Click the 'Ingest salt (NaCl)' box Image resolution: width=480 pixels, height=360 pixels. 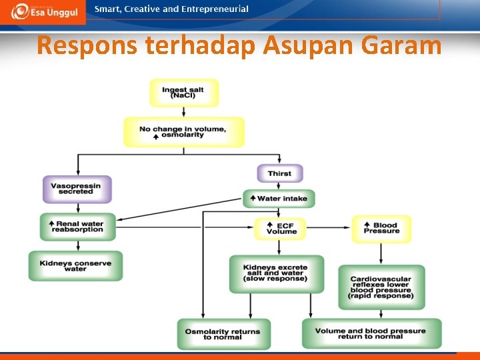(x=183, y=93)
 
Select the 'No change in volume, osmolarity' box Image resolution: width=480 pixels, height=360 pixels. (x=183, y=131)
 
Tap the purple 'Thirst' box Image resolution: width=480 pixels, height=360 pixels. (x=279, y=173)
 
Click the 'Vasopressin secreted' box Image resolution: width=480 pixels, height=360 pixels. (x=77, y=189)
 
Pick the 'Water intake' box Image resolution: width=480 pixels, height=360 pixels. (x=279, y=198)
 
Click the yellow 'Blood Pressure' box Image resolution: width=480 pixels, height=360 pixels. (x=381, y=228)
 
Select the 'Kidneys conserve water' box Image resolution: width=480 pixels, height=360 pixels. (x=75, y=265)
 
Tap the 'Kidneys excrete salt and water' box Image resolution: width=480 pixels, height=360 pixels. (x=276, y=273)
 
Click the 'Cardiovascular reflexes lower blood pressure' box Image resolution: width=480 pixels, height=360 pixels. (x=381, y=287)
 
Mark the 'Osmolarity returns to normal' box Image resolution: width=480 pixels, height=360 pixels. (x=223, y=334)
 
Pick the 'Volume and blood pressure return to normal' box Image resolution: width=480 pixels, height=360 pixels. (x=371, y=333)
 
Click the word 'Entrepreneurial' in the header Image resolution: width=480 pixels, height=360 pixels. (x=215, y=9)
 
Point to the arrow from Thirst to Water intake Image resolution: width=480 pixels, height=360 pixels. (x=279, y=186)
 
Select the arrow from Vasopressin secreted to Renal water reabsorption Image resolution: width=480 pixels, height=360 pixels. (x=77, y=208)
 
